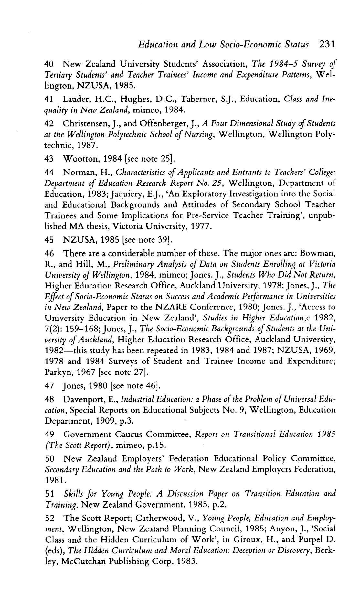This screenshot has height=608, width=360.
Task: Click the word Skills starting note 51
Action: coord(74,494)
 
